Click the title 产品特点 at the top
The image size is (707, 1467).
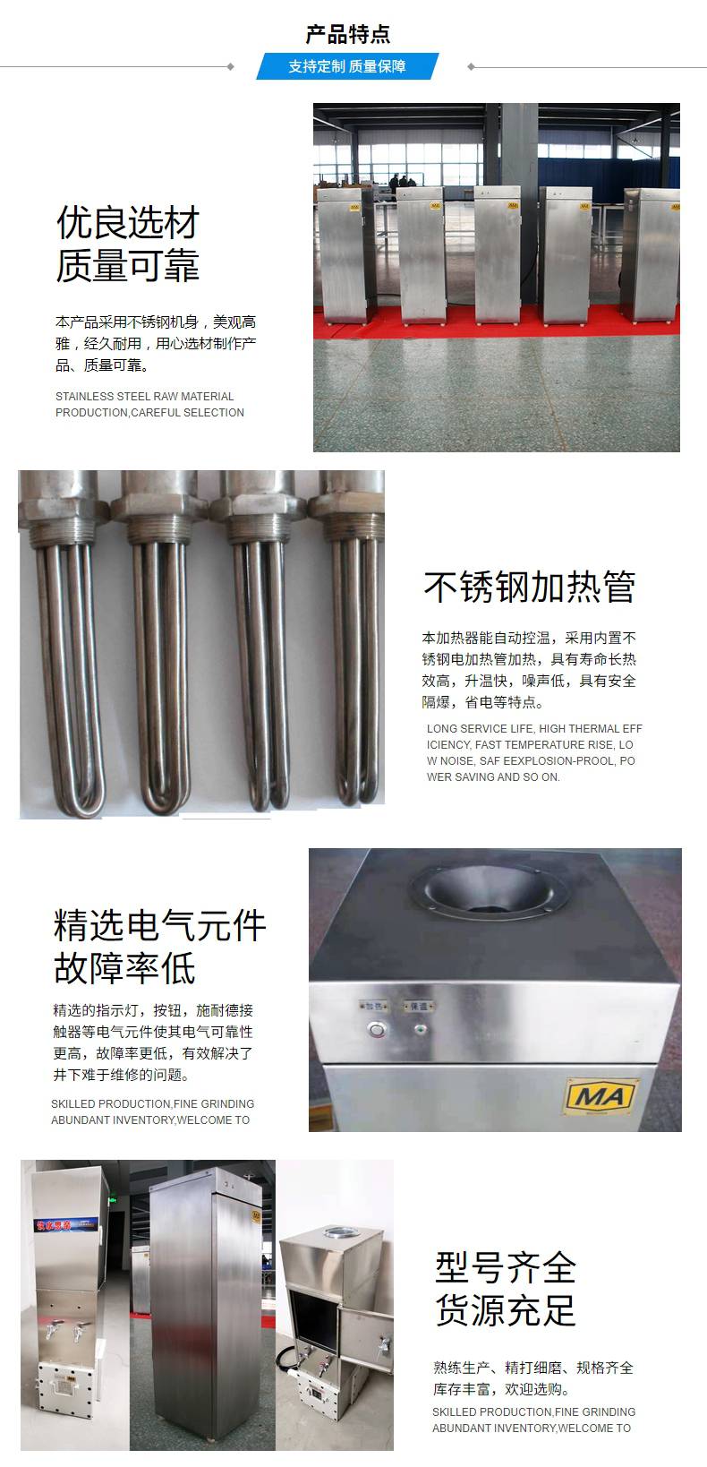[347, 34]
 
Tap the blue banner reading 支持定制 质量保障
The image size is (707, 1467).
[347, 66]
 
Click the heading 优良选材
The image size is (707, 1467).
[128, 223]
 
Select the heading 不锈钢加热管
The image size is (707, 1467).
[529, 586]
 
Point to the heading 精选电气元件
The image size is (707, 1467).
[159, 925]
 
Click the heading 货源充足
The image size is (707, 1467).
[506, 1309]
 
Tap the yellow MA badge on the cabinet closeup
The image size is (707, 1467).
[601, 1095]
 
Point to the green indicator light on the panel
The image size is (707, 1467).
[420, 1030]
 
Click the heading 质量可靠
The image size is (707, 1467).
[128, 266]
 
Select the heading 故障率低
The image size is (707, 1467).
[124, 969]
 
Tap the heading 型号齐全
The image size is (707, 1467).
[506, 1267]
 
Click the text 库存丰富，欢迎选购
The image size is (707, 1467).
[501, 1388]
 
